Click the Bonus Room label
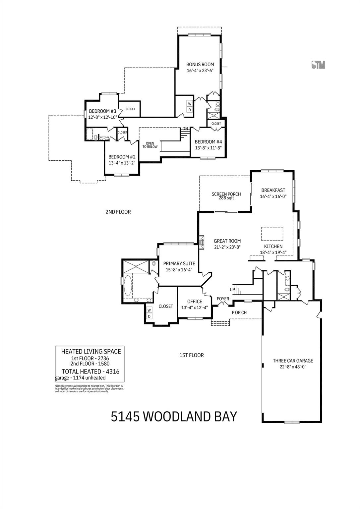[200, 64]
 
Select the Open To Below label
[150, 145]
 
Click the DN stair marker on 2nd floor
[185, 129]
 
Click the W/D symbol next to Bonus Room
[190, 107]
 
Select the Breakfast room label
[273, 190]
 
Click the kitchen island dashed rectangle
[272, 234]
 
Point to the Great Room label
[227, 241]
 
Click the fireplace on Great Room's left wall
[201, 242]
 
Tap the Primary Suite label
[179, 263]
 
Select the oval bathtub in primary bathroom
[128, 287]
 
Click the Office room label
[195, 302]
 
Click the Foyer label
[223, 299]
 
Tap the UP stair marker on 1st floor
[232, 290]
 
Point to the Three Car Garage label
[293, 361]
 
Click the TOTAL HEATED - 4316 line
[90, 371]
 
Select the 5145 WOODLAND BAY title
[174, 417]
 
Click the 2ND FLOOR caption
[118, 212]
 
